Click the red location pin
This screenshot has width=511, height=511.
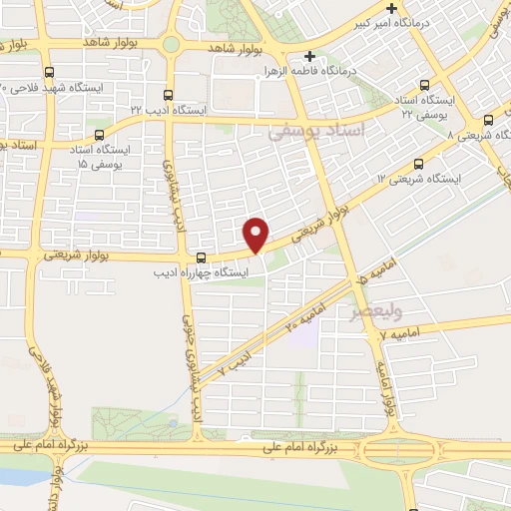click(256, 234)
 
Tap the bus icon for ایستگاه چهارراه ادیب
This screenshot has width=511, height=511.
click(203, 255)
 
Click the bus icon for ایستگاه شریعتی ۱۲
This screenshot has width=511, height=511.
click(416, 164)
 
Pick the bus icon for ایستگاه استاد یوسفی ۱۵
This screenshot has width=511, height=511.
click(98, 135)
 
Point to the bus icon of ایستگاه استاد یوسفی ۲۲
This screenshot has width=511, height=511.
click(426, 85)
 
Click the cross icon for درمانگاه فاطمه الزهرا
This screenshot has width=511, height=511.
click(309, 56)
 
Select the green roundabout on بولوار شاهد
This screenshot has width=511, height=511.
click(172, 45)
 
